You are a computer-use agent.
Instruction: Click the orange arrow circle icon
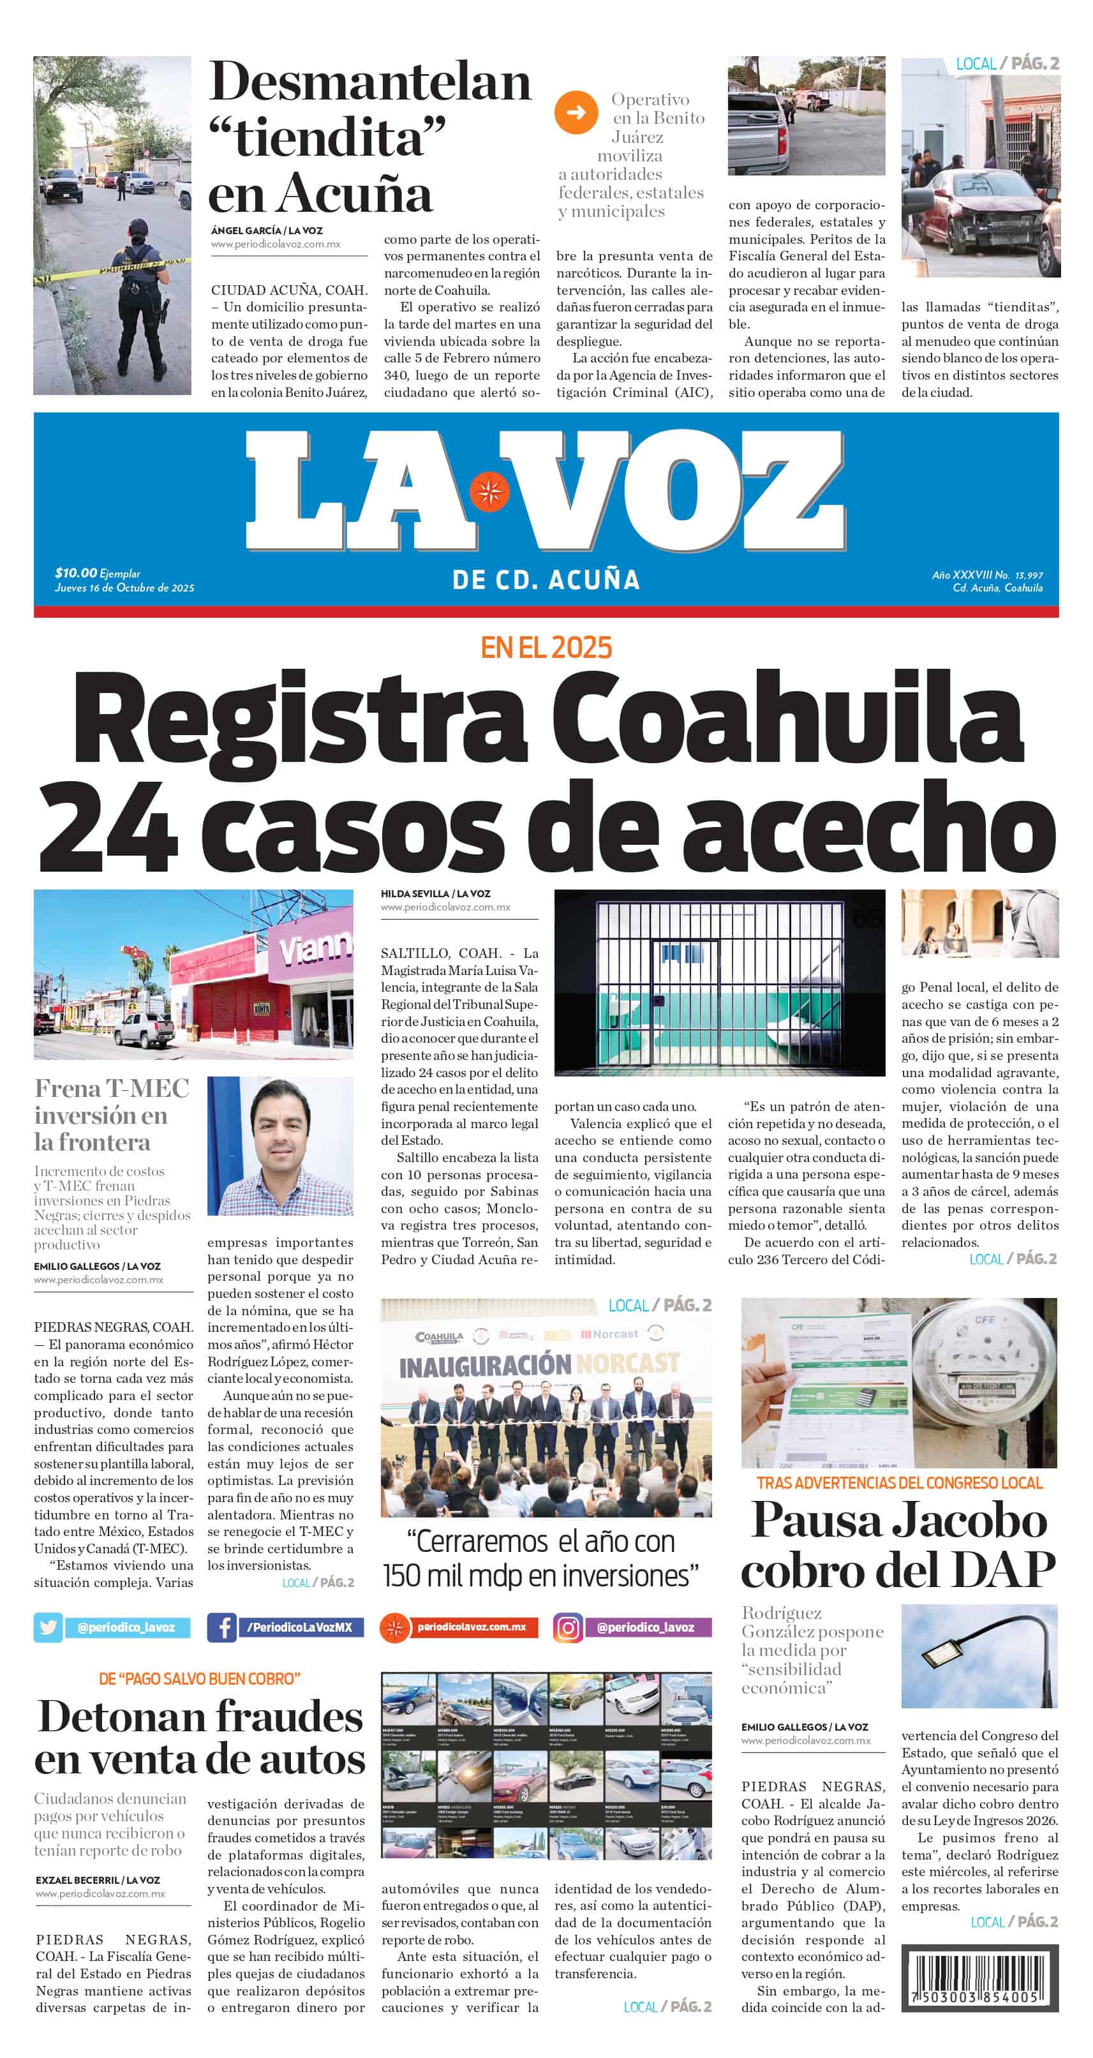tap(576, 113)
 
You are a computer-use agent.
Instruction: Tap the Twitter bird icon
tap(48, 1627)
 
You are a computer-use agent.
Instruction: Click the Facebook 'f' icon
tap(221, 1627)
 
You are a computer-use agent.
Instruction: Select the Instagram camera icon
tap(567, 1627)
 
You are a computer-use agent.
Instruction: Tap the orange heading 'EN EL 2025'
tap(546, 647)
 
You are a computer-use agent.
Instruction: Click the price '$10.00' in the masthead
tap(76, 573)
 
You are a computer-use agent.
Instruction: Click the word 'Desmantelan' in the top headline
tap(370, 82)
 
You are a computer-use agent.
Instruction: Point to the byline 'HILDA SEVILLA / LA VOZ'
tap(435, 894)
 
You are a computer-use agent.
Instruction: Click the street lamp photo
tap(979, 1655)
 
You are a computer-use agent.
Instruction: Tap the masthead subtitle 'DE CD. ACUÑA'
tap(546, 580)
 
